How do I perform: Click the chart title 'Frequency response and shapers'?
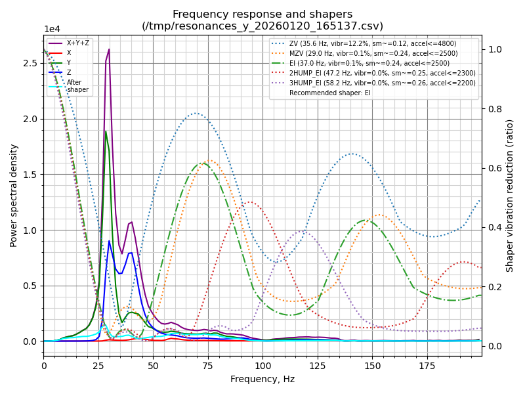pos(262,14)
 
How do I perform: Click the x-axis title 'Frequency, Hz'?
pos(262,379)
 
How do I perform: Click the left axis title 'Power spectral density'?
pos(14,195)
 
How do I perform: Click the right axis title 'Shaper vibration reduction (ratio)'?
pos(510,195)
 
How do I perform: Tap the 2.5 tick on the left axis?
pos(28,63)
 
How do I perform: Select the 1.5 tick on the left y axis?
pos(28,175)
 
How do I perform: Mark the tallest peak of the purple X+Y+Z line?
pos(109,49)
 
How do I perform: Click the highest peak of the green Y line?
pos(106,131)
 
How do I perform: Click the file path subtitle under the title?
pos(262,26)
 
